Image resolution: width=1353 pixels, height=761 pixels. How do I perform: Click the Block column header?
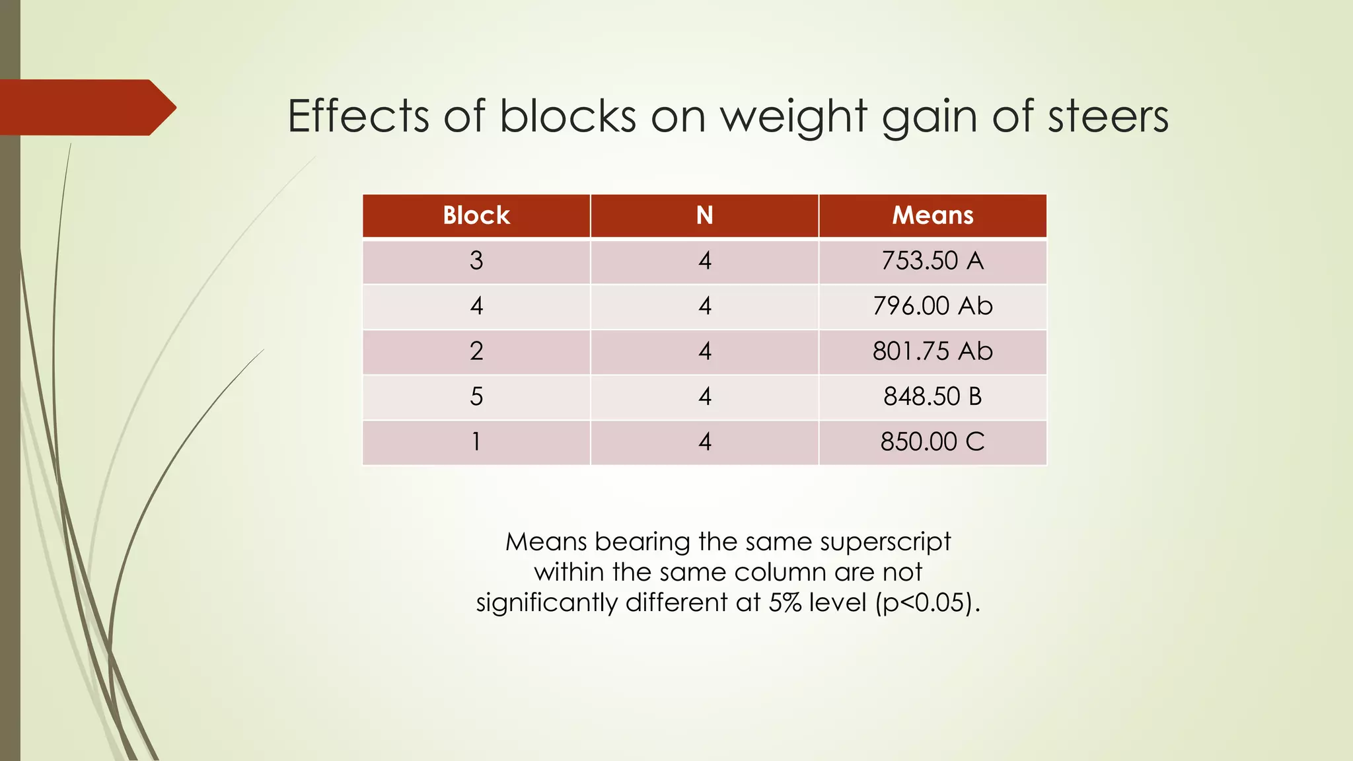tap(476, 215)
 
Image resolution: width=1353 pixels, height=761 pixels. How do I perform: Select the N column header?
tap(704, 215)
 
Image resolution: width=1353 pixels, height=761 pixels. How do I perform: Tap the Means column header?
tap(932, 215)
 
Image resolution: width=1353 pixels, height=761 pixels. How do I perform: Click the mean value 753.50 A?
tap(932, 261)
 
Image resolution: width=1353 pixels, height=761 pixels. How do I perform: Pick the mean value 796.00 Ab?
tap(932, 306)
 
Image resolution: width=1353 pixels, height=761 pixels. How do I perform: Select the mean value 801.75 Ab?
tap(932, 351)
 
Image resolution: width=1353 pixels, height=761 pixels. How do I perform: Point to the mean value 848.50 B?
tap(932, 396)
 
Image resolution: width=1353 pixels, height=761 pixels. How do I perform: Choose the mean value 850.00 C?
tap(932, 441)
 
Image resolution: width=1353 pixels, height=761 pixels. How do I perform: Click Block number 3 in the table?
tap(476, 261)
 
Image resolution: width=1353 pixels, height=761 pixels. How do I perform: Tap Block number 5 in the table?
tap(476, 396)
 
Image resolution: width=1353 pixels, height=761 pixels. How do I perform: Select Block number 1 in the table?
tap(476, 441)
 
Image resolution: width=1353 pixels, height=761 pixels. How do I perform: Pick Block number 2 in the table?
tap(476, 351)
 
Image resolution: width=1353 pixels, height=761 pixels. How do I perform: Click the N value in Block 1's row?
tap(705, 441)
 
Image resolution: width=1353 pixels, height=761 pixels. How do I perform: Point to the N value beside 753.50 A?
tap(705, 261)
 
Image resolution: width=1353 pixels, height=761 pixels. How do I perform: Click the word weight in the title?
tap(793, 117)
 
